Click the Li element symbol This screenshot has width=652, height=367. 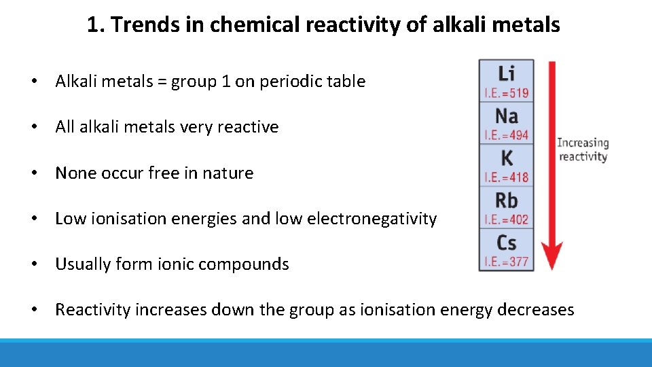point(506,73)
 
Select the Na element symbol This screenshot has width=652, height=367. point(506,116)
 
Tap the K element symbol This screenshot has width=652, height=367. point(506,158)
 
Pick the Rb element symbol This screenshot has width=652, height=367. point(506,200)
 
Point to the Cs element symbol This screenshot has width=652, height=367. point(506,243)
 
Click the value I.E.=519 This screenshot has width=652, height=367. point(506,93)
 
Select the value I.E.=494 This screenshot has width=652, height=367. point(506,135)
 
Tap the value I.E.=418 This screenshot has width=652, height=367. point(506,177)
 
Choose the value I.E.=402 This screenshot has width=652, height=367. point(506,220)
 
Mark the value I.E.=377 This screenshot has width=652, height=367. point(506,261)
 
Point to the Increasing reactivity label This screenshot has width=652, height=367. point(582,150)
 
